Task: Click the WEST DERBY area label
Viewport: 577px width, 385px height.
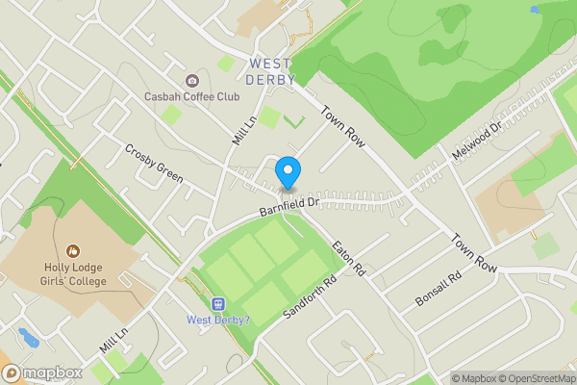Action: pos(271,72)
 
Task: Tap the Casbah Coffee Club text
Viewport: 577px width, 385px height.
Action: pos(190,96)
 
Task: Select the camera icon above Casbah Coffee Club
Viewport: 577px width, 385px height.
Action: pos(192,80)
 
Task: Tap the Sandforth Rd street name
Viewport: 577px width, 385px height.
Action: pos(309,297)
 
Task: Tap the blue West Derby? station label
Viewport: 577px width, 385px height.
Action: pos(217,320)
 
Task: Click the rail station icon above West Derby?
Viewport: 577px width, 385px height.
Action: pos(217,303)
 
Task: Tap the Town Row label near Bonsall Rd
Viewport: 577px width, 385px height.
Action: pos(473,252)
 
